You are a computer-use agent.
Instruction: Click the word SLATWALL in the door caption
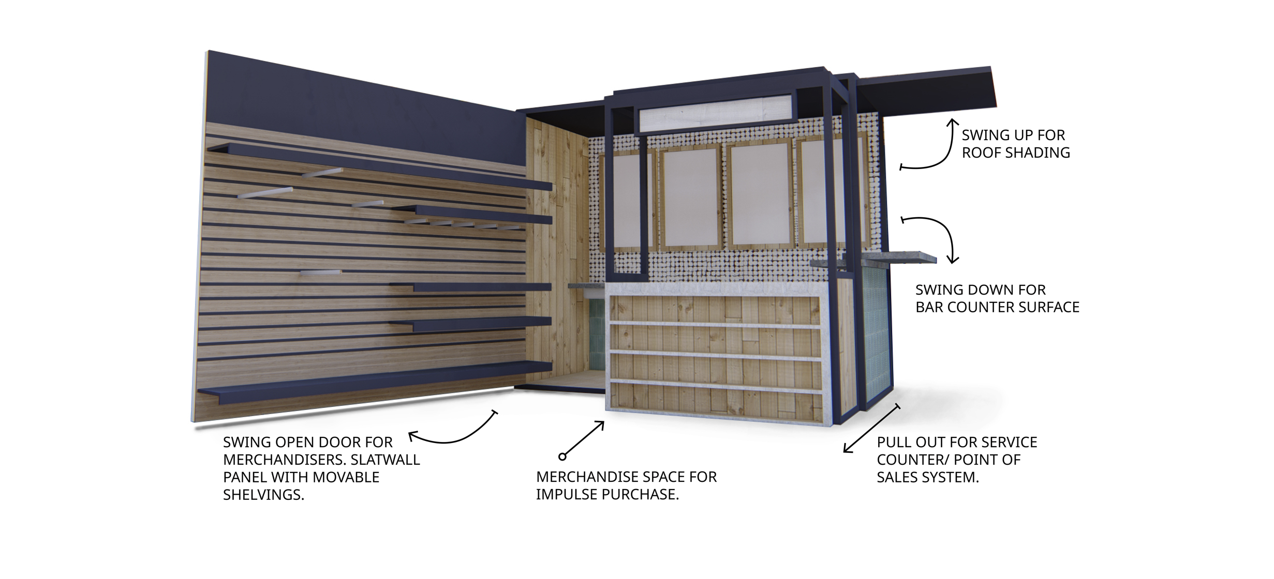[386, 460]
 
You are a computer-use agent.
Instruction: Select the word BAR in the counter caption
[929, 307]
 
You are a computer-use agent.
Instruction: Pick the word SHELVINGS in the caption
[263, 495]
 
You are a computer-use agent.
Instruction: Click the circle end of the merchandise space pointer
[562, 456]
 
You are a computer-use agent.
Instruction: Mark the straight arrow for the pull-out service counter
[871, 429]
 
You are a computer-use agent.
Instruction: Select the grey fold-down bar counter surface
[880, 257]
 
